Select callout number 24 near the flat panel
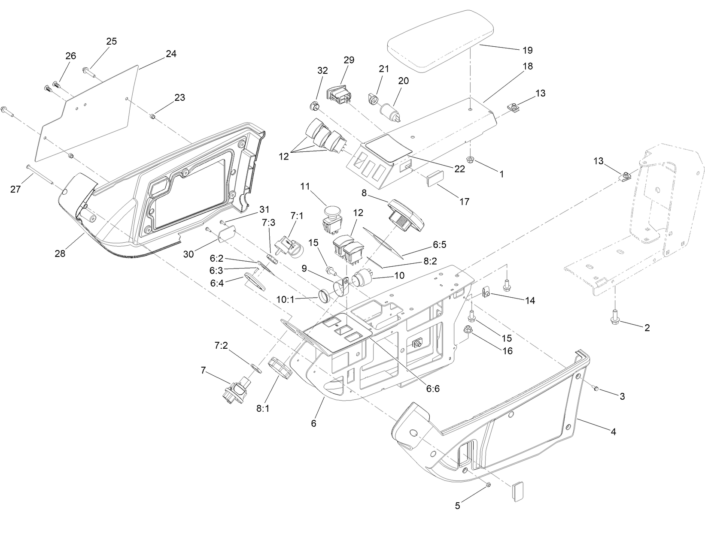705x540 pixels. [x=171, y=54]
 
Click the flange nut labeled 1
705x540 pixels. [x=471, y=160]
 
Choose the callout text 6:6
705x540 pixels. [x=433, y=389]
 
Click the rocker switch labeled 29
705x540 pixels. [x=338, y=95]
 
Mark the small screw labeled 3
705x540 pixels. [x=596, y=388]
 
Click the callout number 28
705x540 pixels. [x=60, y=253]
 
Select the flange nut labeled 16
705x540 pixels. [x=468, y=330]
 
